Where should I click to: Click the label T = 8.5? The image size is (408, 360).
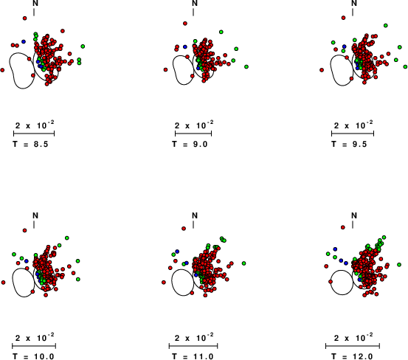click(x=30, y=144)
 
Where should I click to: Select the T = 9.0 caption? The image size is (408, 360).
click(x=190, y=144)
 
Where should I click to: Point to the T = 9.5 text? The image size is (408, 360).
click(x=349, y=144)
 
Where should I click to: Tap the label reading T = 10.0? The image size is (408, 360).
click(x=33, y=356)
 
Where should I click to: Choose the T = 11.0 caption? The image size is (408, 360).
click(x=193, y=356)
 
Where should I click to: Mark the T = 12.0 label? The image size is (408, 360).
click(x=352, y=356)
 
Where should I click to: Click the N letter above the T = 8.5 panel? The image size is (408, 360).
click(x=35, y=3)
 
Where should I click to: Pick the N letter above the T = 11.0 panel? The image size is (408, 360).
click(x=195, y=215)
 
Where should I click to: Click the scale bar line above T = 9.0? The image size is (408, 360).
click(x=193, y=134)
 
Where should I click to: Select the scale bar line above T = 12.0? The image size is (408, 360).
click(x=353, y=346)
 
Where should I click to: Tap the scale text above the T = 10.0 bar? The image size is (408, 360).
click(x=35, y=337)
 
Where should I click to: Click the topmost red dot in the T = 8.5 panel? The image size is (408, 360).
click(x=25, y=18)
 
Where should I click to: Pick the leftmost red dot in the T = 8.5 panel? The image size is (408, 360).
click(x=2, y=70)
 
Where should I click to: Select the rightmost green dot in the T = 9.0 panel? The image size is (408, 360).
click(x=246, y=67)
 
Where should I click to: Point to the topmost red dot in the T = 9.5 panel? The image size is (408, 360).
click(x=343, y=18)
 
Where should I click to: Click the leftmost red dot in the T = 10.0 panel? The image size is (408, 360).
click(x=3, y=283)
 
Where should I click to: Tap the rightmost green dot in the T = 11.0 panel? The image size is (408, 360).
click(x=243, y=263)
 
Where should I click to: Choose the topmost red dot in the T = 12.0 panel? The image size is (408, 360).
click(x=342, y=227)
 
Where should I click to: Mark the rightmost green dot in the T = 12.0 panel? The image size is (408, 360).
click(x=399, y=265)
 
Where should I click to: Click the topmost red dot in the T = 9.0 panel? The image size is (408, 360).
click(x=185, y=24)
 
